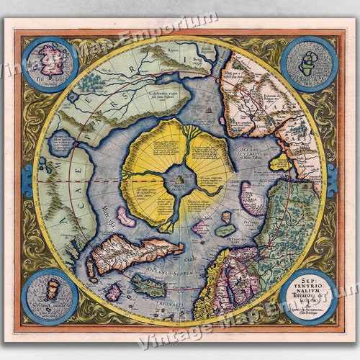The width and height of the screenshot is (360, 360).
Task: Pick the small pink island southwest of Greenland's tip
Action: pyautogui.click(x=113, y=292)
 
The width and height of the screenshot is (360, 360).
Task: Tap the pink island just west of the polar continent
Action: pyautogui.click(x=127, y=216)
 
